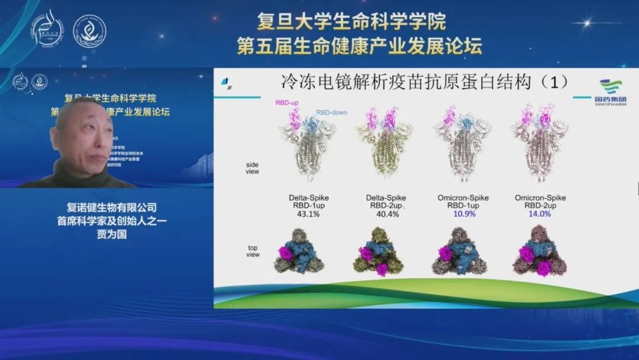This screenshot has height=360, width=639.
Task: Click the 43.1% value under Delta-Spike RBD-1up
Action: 308,214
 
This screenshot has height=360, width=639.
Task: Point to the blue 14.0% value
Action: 540,214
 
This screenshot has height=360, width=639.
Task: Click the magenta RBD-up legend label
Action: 286,102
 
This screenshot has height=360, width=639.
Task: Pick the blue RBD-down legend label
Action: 331,112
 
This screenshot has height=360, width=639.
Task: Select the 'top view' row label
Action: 253,250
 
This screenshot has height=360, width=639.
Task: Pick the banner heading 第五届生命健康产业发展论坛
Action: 359,46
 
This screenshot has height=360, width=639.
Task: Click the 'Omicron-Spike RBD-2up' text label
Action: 540,201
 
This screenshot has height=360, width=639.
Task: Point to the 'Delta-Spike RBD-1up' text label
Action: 308,201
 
